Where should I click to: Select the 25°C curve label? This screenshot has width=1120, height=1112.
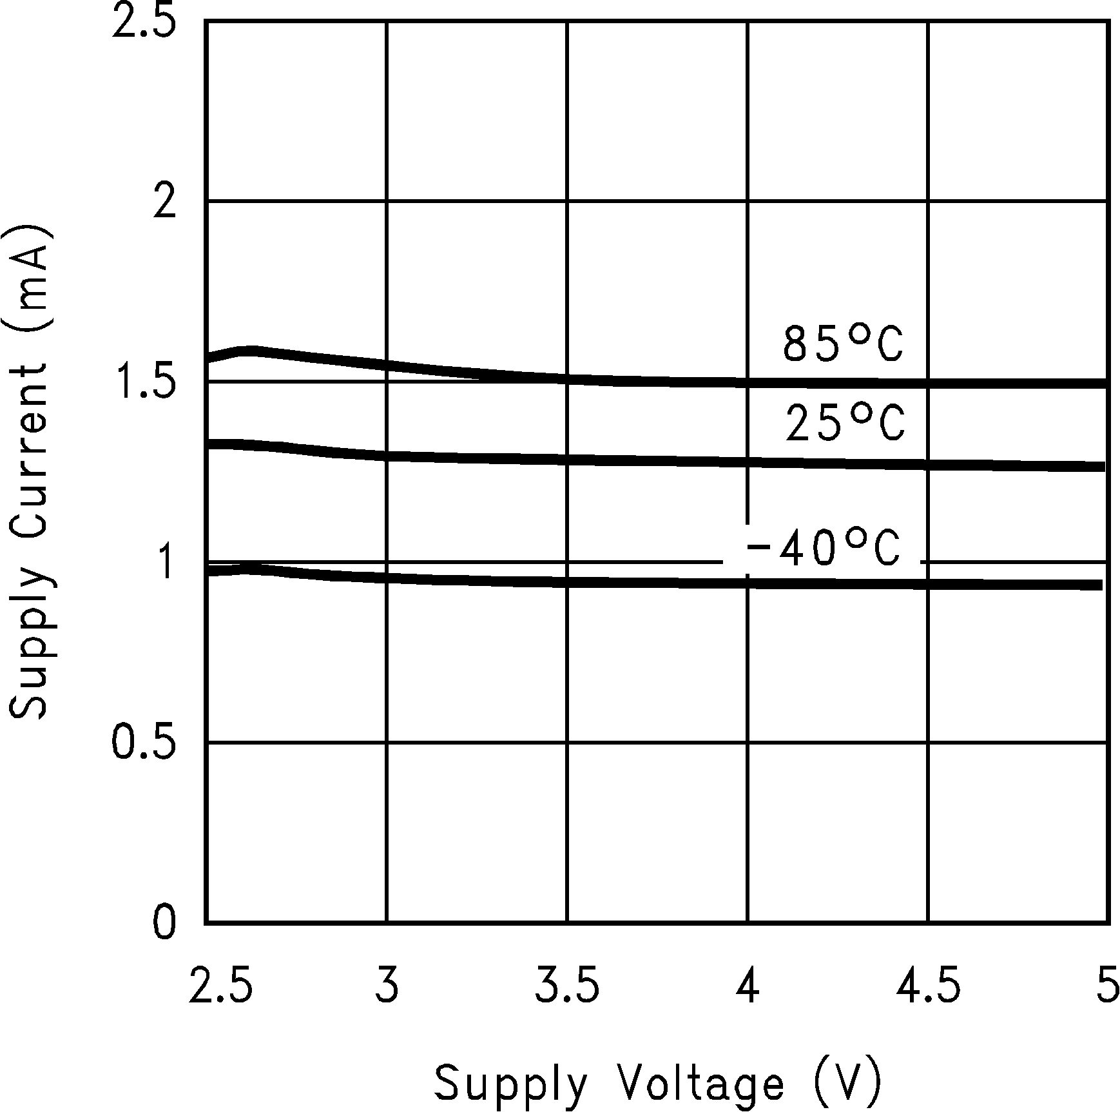click(844, 424)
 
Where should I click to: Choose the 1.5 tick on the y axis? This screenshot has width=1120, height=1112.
click(144, 382)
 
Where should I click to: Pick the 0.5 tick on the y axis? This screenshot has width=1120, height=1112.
click(144, 743)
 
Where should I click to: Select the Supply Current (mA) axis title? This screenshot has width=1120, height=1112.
click(29, 472)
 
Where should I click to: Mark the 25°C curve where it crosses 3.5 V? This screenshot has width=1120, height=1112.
click(567, 460)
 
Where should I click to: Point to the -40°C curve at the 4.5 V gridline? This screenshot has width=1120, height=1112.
click(928, 585)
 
